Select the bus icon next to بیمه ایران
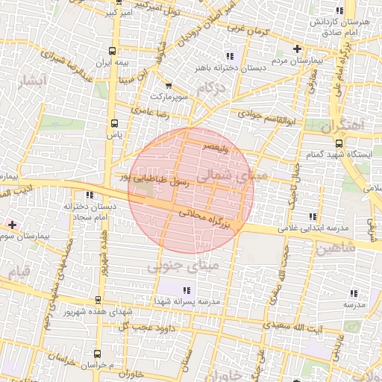tap(112, 51)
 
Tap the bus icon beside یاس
tap(113, 125)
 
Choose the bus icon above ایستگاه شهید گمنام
tap(339, 143)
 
